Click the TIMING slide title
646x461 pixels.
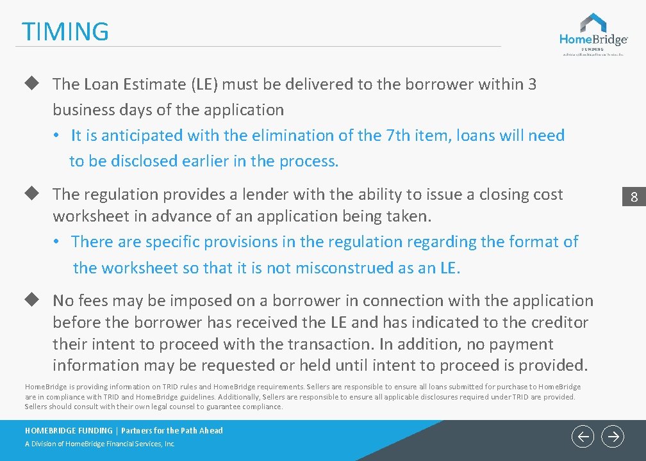(65, 31)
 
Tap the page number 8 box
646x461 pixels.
(634, 197)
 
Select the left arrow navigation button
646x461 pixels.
(583, 437)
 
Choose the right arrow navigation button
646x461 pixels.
(613, 437)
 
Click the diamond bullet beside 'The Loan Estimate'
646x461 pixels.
(29, 83)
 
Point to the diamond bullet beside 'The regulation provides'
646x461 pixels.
(29, 193)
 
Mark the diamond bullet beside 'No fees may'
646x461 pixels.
(29, 300)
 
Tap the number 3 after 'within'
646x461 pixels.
(532, 84)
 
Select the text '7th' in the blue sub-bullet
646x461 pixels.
(398, 136)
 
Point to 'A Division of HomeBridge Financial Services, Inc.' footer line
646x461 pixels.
(100, 444)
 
